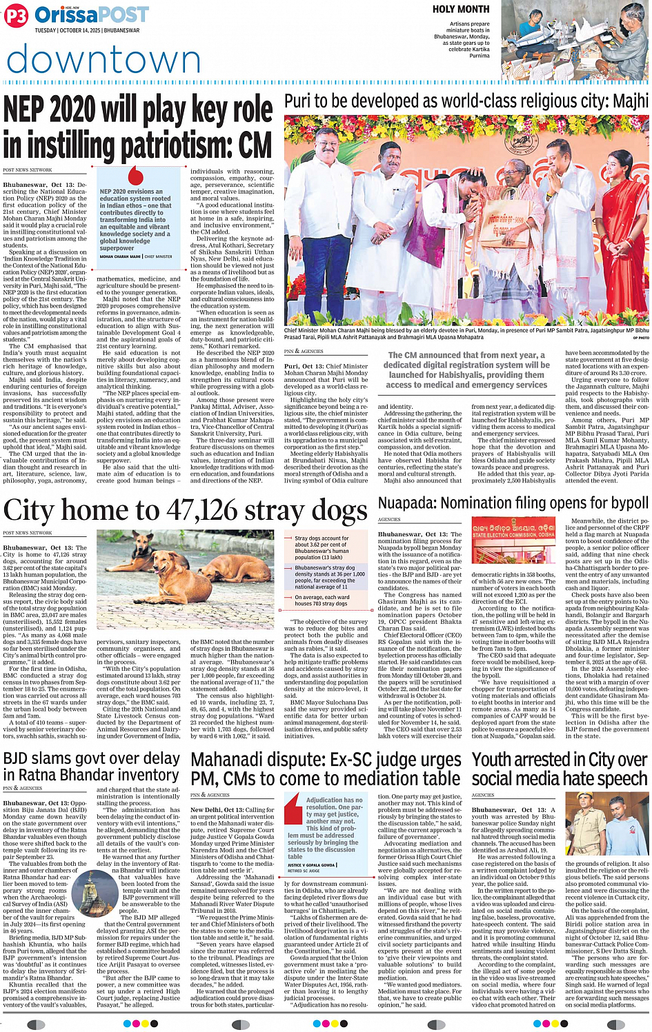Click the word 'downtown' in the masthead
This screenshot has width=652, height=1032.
103,59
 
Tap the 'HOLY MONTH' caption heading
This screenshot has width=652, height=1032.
461,9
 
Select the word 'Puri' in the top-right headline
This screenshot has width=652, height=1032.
301,101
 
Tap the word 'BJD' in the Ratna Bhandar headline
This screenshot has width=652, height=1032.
16,759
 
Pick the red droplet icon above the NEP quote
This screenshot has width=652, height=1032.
135,175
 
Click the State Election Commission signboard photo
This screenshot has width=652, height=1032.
513,543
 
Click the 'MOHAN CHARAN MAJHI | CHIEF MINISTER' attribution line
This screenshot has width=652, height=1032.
135,256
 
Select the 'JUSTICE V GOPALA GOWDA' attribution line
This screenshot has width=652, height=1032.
311,864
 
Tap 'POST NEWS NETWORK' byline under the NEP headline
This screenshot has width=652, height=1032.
27,170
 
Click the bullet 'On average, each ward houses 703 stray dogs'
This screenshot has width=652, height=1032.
322,600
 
